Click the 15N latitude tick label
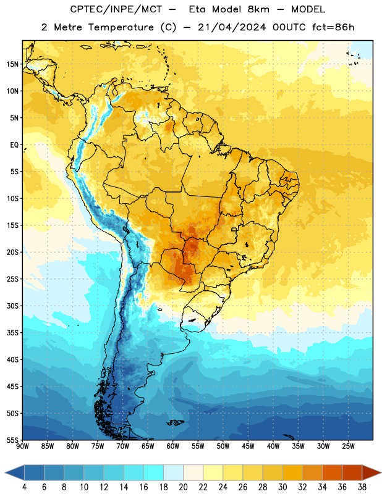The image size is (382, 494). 12,64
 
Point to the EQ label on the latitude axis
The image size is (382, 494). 14,145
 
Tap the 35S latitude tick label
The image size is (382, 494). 12,333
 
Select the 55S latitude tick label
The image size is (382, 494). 12,440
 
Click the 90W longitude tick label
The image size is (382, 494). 22,446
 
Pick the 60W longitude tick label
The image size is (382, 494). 173,446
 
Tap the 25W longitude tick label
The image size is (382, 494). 348,446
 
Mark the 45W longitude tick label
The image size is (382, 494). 248,446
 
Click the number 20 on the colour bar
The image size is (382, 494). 183,487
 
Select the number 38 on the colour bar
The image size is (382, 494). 362,487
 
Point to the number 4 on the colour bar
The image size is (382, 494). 24,487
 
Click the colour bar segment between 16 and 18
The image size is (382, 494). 154,472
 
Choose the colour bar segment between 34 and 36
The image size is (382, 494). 333,472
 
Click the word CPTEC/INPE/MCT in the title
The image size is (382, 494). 116,9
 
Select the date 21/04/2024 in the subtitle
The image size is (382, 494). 232,27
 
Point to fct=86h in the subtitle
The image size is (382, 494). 333,27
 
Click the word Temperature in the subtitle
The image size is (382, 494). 121,27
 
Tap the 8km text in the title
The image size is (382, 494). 258,9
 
